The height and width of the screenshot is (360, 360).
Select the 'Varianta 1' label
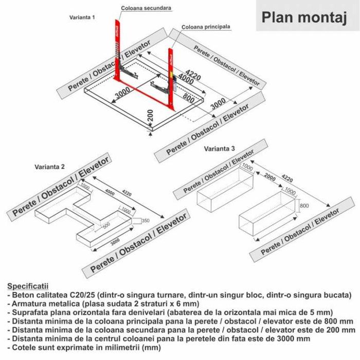pyautogui.click(x=82, y=17)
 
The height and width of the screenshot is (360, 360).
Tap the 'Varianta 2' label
pyautogui.click(x=49, y=167)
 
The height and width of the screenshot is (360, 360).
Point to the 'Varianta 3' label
pyautogui.click(x=220, y=149)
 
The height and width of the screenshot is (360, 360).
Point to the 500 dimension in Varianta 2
pyautogui.click(x=105, y=225)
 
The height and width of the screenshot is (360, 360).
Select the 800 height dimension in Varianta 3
pyautogui.click(x=304, y=206)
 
